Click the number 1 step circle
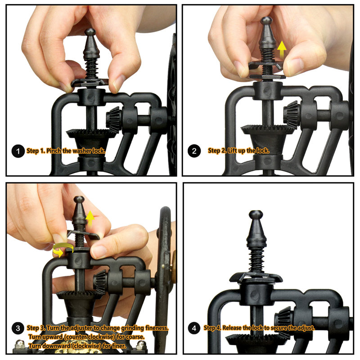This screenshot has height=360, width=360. coord(18,151)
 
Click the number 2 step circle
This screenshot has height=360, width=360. coord(194,151)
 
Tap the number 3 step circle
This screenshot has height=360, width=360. coord(18,328)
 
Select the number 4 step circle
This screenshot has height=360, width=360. coord(194,328)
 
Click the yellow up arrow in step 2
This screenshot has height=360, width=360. coord(282,50)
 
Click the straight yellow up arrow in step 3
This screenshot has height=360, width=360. coord(90,218)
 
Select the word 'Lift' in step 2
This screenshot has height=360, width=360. coord(232,151)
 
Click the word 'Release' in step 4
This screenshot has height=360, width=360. coord(232,328)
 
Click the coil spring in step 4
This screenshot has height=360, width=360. coord(257,260)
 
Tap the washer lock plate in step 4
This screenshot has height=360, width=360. coord(256,277)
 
